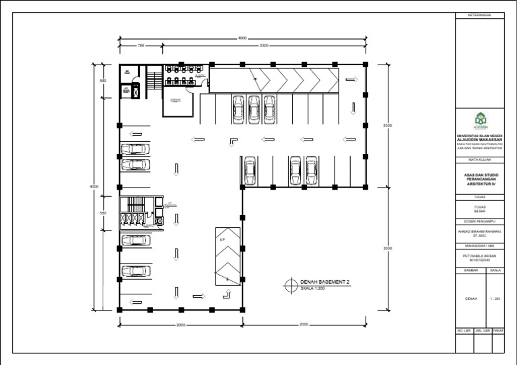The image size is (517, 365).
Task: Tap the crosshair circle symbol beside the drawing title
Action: click(290, 285)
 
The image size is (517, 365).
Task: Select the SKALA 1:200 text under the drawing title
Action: click(314, 289)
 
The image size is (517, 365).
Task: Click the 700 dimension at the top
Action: click(141, 46)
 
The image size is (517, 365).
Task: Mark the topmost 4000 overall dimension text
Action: click(242, 38)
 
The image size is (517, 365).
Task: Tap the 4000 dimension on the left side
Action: click(95, 186)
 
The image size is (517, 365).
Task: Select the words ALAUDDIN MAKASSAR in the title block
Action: click(479, 140)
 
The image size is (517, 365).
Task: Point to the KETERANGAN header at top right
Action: click(480, 15)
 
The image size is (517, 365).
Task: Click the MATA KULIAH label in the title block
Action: click(480, 160)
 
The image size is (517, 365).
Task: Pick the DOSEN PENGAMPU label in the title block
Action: click(480, 220)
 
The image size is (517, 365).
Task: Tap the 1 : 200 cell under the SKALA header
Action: click(497, 298)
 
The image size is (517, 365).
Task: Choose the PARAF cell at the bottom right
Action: click(498, 331)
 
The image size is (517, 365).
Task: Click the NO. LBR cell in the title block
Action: click(463, 331)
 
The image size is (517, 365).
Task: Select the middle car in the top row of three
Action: click(254, 107)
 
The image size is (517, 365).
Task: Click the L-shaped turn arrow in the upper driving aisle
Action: click(232, 140)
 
